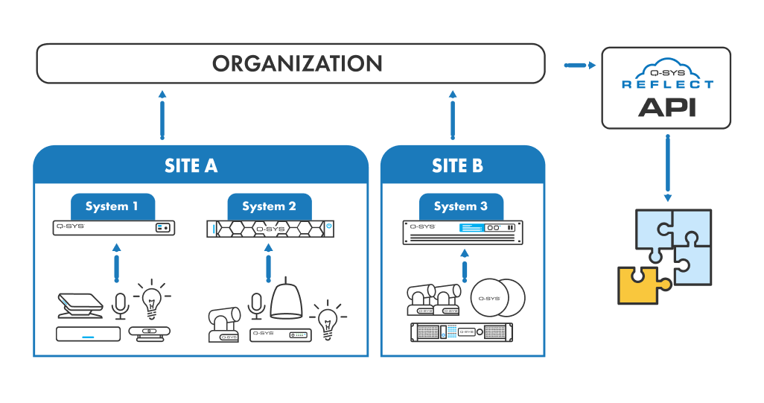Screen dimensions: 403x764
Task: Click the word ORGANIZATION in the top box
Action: [x=297, y=63]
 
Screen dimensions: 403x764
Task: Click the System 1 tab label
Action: [x=112, y=206]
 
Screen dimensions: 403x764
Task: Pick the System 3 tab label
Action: [x=460, y=206]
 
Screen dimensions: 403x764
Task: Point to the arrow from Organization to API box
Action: [x=579, y=66]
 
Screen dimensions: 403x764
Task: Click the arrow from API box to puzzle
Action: [x=667, y=168]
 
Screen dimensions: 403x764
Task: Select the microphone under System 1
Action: [x=118, y=306]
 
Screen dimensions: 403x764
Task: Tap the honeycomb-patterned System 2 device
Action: [x=269, y=228]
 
